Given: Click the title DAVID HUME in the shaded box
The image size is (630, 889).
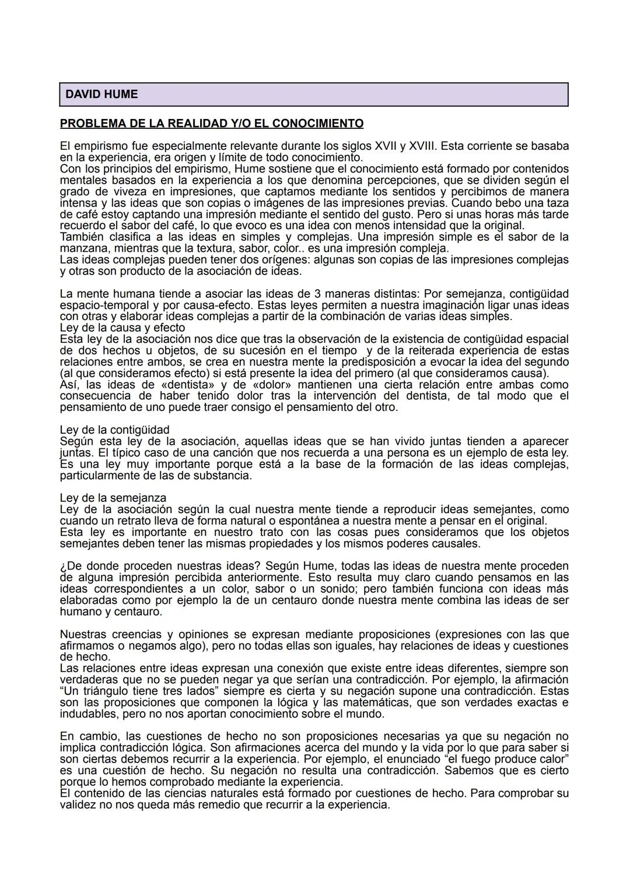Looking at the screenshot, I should point(101,94).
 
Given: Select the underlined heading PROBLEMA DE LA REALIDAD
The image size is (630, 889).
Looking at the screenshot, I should point(211,124).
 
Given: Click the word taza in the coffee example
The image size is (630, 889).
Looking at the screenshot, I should point(556,203).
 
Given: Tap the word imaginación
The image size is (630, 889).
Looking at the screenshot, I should point(452,305).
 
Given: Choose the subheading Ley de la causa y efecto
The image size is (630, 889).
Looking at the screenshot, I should point(122,328).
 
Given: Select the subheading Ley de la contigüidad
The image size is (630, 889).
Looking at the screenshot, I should point(114,430).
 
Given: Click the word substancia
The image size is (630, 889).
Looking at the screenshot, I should point(220,476).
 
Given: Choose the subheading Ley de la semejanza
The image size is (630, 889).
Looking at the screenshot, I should point(113,498).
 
